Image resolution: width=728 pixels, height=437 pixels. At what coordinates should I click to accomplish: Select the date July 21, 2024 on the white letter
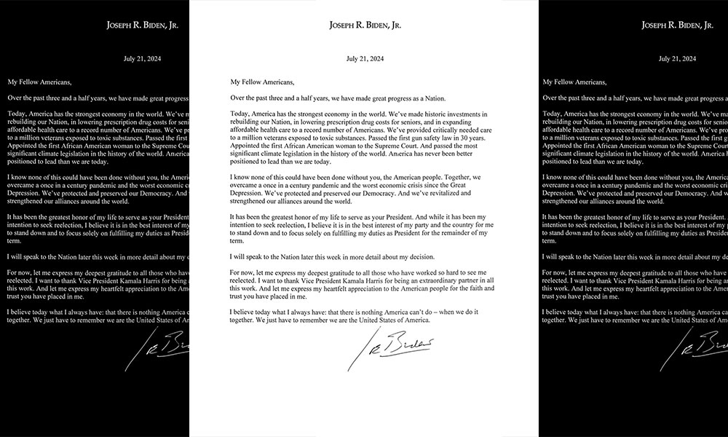pyautogui.click(x=365, y=59)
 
